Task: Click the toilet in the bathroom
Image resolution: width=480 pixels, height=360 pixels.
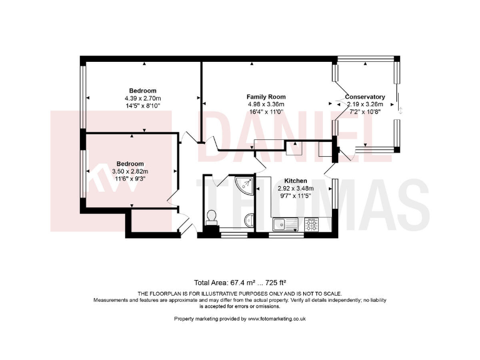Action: point(212,217)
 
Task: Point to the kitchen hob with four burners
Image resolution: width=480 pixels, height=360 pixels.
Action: point(311,222)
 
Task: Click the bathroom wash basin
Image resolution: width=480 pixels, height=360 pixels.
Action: point(249,219)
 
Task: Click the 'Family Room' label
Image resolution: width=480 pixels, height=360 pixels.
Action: point(266,97)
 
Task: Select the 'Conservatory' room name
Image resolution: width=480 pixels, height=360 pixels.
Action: point(365,97)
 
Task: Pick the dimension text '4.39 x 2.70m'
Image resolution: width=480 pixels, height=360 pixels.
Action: point(142,98)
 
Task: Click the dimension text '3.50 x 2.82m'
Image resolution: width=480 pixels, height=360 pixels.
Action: point(130,171)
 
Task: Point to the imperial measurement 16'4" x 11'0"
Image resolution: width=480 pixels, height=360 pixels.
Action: point(266,111)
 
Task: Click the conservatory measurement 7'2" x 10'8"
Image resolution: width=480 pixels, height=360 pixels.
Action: point(365,111)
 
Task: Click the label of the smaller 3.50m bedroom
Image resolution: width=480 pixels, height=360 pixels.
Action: point(130,164)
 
